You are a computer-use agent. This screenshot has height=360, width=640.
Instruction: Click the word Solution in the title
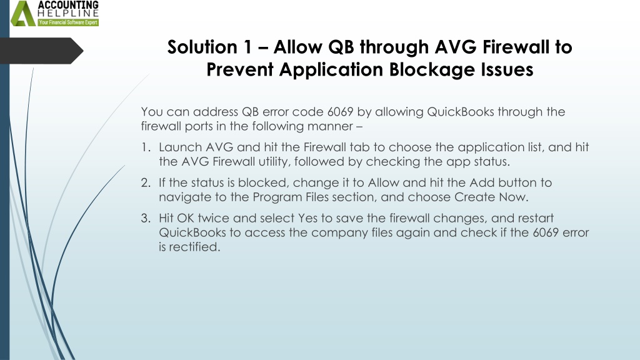(202, 47)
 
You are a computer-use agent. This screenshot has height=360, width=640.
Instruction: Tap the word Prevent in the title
(239, 69)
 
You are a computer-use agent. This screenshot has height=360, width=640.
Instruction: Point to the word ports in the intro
(199, 126)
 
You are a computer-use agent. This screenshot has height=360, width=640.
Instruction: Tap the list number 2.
(146, 182)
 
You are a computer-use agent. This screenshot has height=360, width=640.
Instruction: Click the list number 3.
(146, 218)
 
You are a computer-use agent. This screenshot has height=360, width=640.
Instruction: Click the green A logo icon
(23, 14)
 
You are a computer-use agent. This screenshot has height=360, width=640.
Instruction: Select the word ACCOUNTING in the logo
(68, 5)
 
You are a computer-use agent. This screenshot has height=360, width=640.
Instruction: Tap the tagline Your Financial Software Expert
(68, 22)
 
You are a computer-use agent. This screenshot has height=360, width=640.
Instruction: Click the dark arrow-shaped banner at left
(41, 51)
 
